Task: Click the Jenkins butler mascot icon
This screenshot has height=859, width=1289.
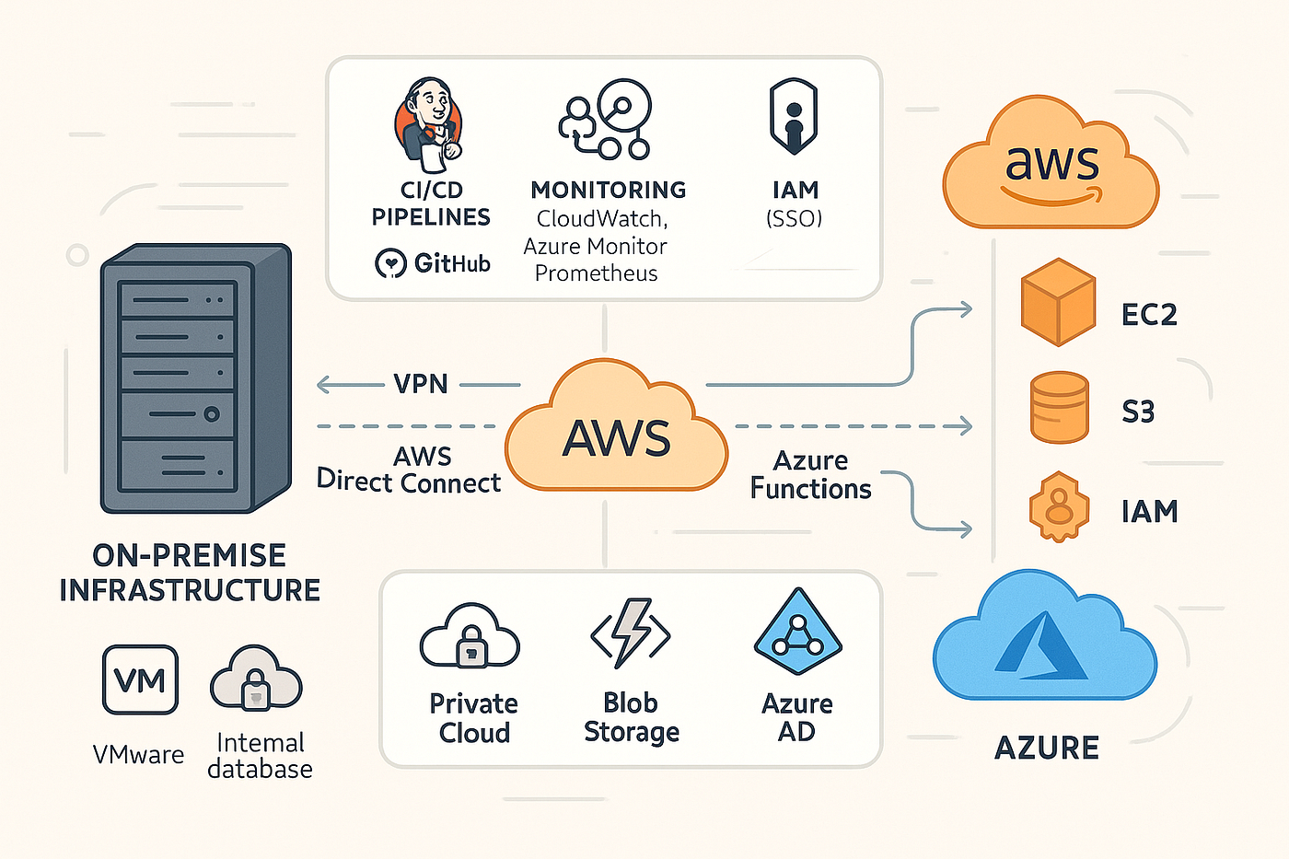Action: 429,125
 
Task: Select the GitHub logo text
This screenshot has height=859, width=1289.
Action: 433,263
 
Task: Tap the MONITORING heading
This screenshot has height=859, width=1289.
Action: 608,190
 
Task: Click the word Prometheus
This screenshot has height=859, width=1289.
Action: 596,273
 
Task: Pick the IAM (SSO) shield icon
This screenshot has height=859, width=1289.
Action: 793,118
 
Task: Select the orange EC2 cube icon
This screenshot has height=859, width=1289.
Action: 1058,302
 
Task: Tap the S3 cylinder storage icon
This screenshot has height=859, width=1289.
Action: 1059,407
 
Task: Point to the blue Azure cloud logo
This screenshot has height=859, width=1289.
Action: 1044,641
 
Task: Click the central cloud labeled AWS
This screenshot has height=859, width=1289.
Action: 616,433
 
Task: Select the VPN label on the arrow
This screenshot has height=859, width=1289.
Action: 421,384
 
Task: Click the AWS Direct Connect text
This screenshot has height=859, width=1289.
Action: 409,470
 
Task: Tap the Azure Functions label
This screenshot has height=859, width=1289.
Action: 810,475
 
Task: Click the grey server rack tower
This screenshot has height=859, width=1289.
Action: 195,377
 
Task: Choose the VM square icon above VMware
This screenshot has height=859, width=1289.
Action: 140,680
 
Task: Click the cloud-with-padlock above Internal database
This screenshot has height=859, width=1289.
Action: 256,679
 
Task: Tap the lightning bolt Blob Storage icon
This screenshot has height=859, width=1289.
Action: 631,633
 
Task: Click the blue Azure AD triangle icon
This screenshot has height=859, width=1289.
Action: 797,633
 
